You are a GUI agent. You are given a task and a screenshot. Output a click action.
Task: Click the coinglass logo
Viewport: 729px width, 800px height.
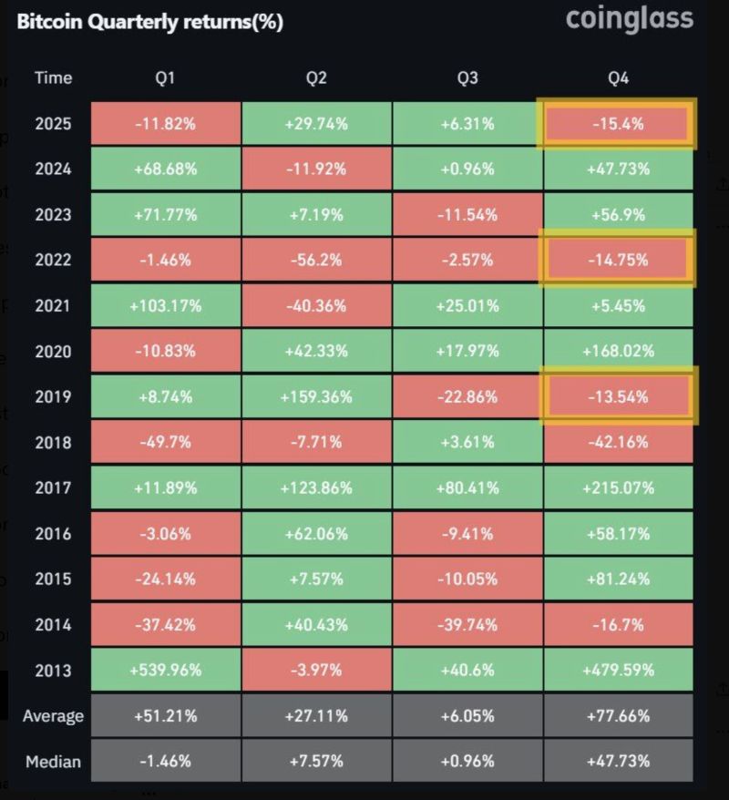click(x=629, y=19)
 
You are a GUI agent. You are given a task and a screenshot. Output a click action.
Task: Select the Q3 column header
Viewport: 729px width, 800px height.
click(x=467, y=78)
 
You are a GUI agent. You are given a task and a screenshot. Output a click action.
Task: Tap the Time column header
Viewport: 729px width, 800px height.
click(x=53, y=78)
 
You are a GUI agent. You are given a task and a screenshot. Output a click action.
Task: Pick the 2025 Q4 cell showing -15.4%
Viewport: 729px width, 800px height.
click(x=618, y=124)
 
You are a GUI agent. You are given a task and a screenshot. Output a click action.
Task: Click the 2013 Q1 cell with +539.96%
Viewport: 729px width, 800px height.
click(x=166, y=670)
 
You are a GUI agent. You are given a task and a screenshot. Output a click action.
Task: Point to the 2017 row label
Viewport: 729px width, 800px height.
click(x=53, y=487)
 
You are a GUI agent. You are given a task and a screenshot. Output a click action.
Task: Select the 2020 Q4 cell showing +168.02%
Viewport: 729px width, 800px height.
click(x=618, y=351)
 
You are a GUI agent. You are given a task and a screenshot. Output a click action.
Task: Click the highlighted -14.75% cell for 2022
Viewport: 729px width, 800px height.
click(x=618, y=260)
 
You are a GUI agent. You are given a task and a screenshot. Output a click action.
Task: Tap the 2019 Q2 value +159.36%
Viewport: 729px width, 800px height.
click(x=316, y=397)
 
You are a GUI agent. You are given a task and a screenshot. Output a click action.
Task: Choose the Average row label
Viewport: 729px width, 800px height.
click(x=53, y=715)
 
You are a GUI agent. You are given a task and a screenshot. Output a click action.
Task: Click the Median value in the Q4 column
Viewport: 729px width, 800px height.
click(x=618, y=761)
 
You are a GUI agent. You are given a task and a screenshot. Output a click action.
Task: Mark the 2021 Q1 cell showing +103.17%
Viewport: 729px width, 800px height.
click(x=166, y=305)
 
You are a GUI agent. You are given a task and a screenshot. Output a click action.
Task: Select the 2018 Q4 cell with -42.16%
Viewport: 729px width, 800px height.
click(x=618, y=442)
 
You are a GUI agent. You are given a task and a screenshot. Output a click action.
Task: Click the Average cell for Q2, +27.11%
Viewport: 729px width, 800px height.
click(x=316, y=715)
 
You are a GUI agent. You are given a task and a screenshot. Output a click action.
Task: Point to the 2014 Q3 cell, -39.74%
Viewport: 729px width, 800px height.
click(x=467, y=624)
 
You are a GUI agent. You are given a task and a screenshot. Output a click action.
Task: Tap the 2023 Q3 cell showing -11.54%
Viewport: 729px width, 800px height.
click(x=467, y=214)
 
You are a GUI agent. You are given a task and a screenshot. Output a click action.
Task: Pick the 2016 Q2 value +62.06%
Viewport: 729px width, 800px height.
click(x=316, y=533)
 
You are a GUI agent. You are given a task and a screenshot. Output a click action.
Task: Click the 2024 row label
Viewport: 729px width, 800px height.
click(x=53, y=169)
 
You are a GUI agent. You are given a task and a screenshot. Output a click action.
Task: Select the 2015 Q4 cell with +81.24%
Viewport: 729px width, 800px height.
click(x=618, y=579)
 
